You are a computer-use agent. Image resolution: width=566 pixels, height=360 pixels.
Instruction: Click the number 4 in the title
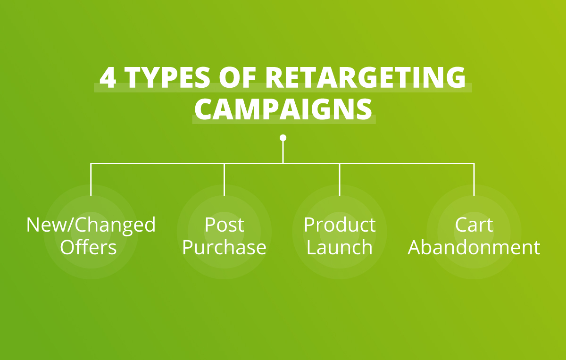(108, 78)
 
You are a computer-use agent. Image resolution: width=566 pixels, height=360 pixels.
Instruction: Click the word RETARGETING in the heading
(365, 78)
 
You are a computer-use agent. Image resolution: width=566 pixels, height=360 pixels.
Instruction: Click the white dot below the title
(283, 138)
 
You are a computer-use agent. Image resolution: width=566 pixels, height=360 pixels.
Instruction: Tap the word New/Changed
(91, 225)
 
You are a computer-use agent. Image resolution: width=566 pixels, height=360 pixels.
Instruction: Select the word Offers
(88, 248)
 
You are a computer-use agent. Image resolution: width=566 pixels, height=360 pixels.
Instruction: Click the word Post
(224, 225)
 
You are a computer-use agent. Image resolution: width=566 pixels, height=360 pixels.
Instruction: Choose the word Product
(340, 225)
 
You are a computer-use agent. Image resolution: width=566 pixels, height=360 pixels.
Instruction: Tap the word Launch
(340, 248)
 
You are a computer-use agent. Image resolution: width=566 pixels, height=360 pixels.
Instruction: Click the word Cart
(474, 225)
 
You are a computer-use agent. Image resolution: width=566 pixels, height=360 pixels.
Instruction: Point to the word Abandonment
(474, 248)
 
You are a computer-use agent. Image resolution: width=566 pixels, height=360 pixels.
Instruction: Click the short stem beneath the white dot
(283, 152)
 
